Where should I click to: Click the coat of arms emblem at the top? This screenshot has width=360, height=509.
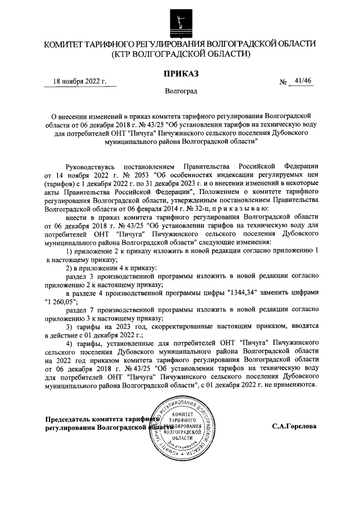pos(180,20)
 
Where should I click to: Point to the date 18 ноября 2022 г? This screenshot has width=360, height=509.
pos(80,82)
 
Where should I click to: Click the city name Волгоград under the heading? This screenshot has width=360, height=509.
pos(181,91)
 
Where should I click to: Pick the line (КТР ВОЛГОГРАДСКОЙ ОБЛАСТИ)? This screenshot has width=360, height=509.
pos(180,54)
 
